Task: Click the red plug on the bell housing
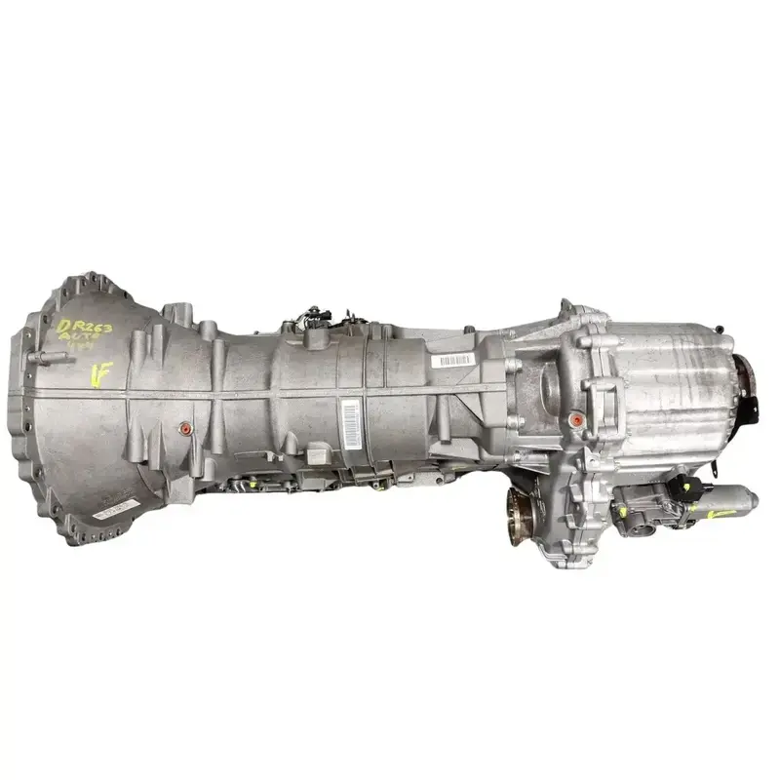(x=184, y=429)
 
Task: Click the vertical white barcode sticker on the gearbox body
(x=348, y=416)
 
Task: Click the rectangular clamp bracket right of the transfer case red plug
(x=605, y=400)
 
